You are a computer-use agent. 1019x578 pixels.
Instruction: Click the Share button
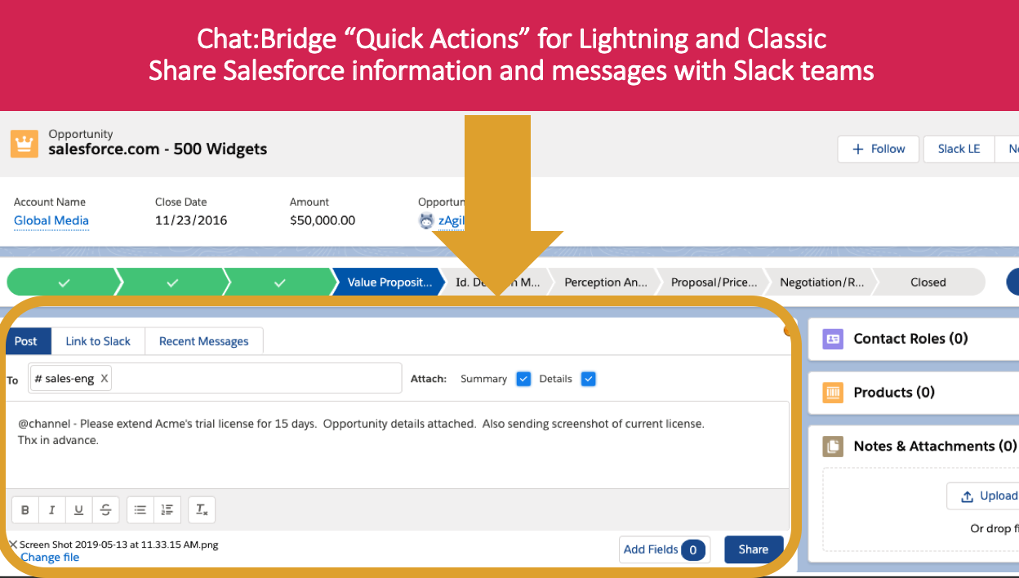753,549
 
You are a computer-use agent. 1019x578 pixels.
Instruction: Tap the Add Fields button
664,549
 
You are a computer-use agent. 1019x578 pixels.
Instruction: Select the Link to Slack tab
98,341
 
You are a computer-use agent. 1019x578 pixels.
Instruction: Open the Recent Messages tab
203,341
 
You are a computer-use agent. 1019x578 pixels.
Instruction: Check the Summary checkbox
524,379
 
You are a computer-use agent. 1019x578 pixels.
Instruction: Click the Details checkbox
589,379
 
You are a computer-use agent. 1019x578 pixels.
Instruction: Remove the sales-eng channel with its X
105,379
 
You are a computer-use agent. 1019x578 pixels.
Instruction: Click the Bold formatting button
25,510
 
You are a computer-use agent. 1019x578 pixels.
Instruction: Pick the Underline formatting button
78,510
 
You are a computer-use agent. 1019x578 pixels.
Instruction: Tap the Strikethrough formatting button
105,510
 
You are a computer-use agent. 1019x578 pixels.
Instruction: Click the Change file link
50,557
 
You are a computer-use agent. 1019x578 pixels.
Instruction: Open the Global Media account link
51,220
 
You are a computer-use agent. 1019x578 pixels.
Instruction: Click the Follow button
879,149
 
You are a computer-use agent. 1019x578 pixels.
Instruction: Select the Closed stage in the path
928,282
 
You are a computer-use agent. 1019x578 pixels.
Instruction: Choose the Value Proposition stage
389,282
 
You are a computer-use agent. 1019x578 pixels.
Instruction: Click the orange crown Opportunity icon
24,144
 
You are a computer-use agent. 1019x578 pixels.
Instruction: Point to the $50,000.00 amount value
323,220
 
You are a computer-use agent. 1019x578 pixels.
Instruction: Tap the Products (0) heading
893,392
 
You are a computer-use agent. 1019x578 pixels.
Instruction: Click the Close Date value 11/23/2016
191,220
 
